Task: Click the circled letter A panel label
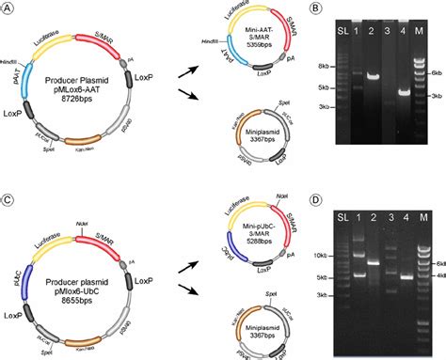coord(9,8)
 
